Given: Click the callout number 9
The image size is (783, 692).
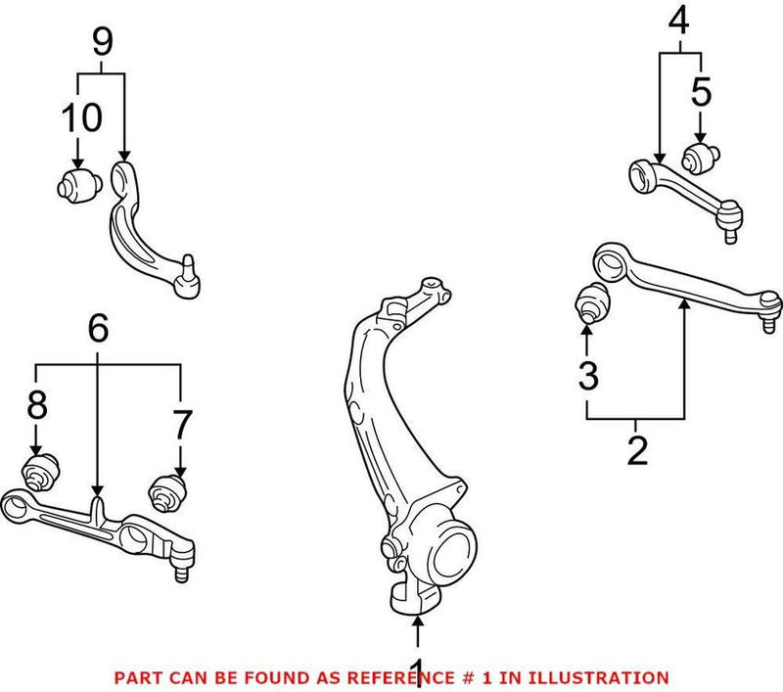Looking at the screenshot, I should click(103, 41).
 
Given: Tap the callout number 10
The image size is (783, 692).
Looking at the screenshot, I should click(78, 117).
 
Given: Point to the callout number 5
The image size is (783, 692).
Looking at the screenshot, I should click(702, 93).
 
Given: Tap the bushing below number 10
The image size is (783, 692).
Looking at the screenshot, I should click(76, 183).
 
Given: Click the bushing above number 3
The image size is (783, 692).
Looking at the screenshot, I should click(590, 302).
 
